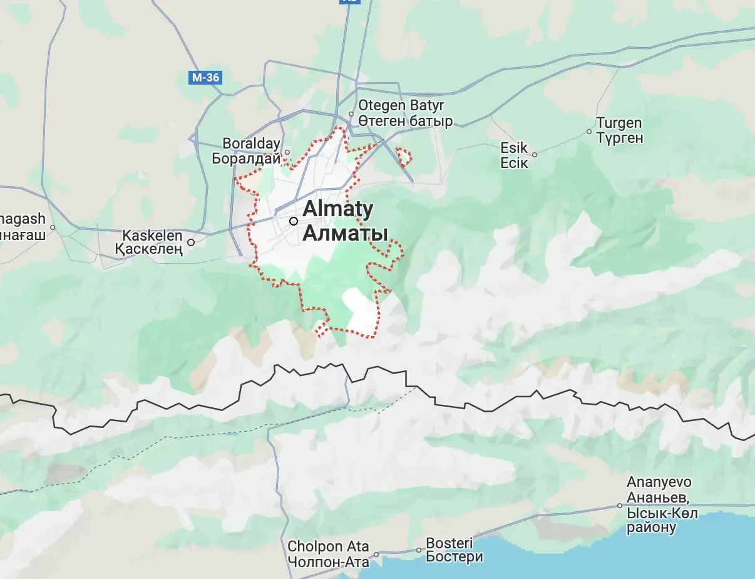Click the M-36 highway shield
[207, 78]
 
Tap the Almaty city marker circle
[293, 221]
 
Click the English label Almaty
[338, 209]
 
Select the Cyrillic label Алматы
[345, 233]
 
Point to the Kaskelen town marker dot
[191, 242]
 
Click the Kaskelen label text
[152, 237]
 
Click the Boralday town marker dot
[287, 152]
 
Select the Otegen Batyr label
[401, 105]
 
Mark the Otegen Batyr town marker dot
[352, 114]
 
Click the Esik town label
[514, 149]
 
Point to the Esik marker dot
[534, 154]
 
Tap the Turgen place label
[619, 123]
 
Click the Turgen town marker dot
[589, 132]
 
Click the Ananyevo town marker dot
[620, 505]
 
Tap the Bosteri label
[449, 542]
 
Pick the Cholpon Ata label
[328, 546]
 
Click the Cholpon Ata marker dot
[376, 555]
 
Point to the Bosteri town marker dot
[419, 550]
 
